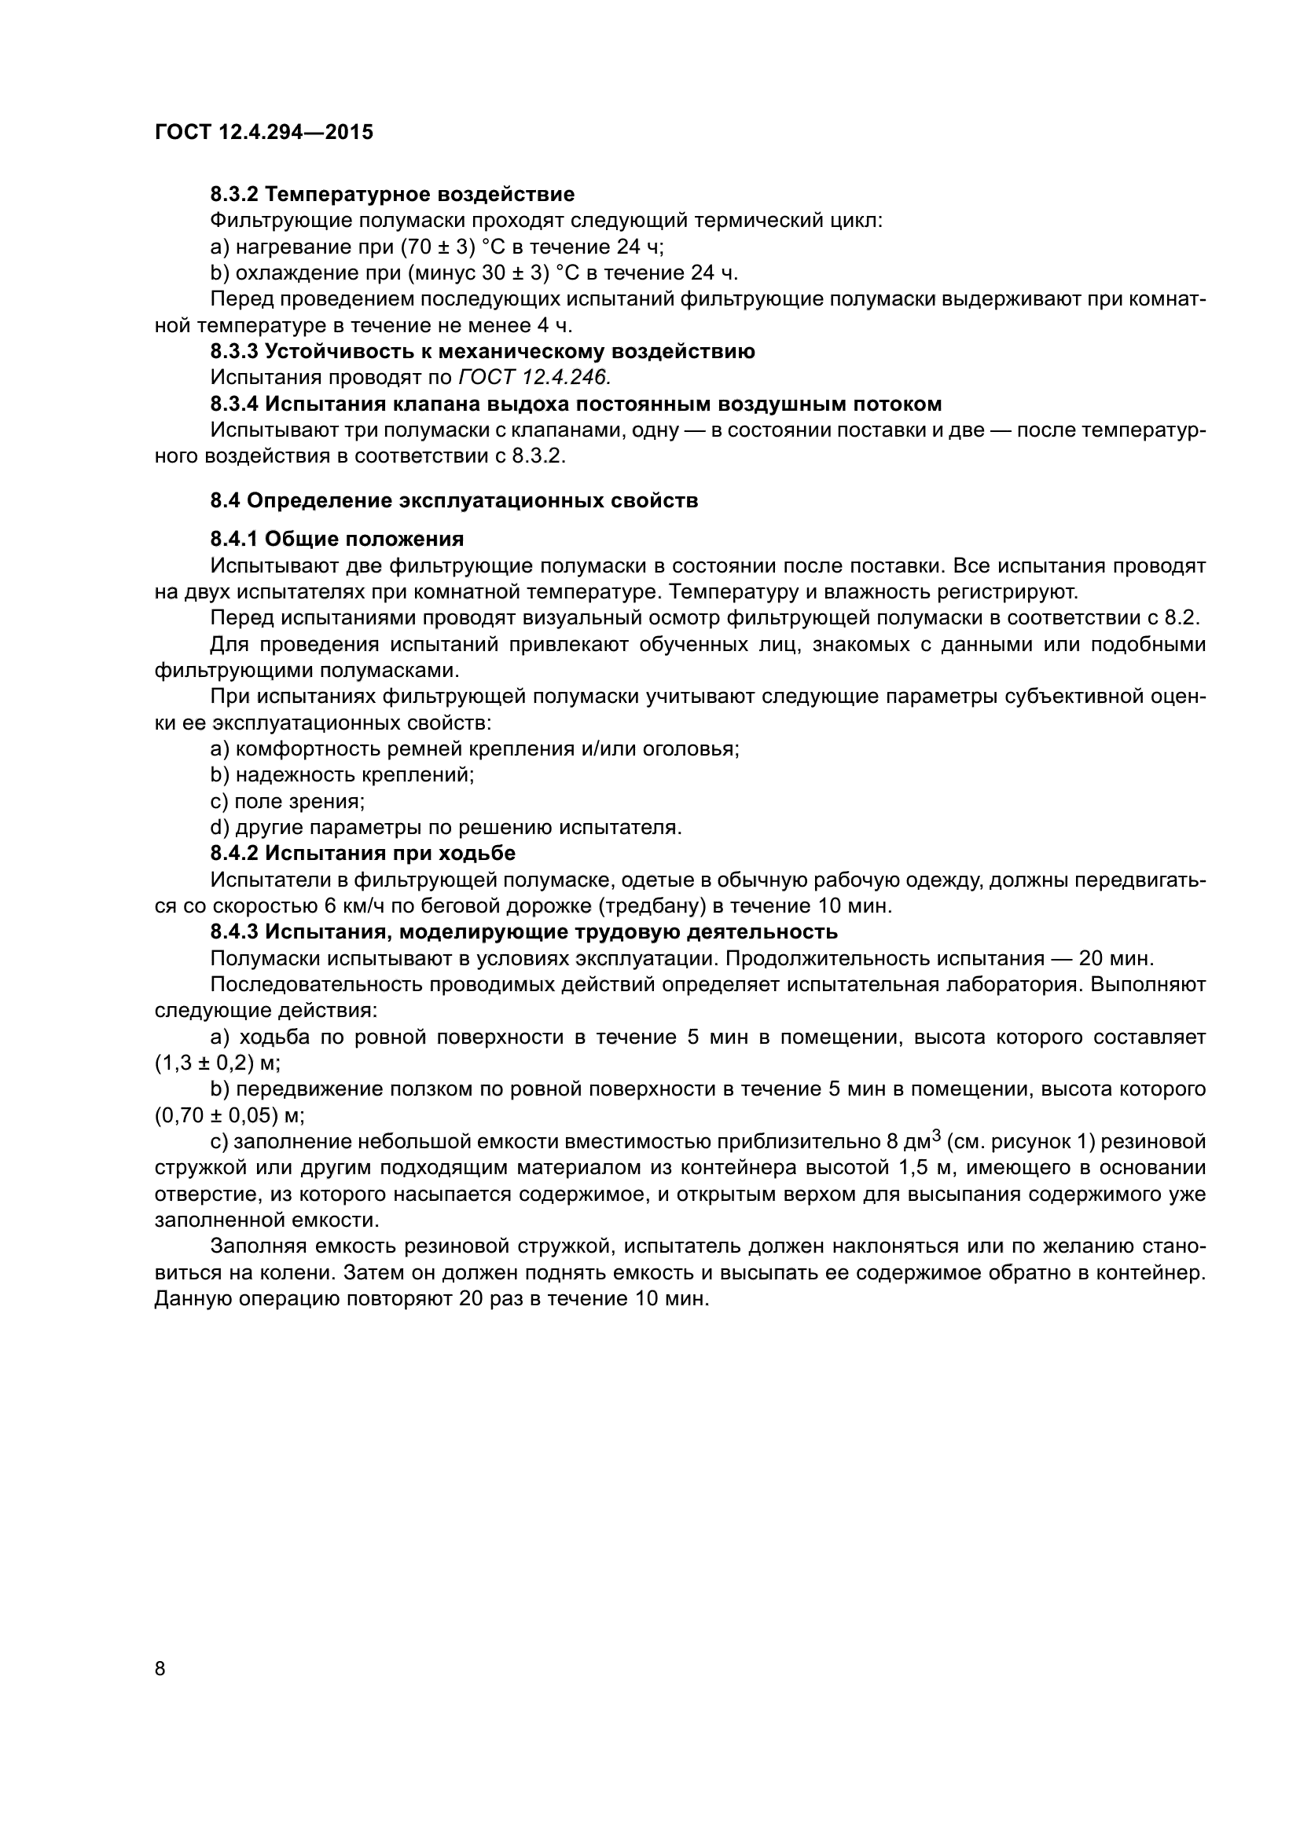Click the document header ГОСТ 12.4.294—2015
263,132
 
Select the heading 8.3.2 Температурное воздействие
392,195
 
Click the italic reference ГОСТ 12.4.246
534,378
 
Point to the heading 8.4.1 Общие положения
337,540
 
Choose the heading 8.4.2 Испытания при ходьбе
362,854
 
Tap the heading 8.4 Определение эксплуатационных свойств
454,501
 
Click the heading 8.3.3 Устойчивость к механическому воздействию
483,351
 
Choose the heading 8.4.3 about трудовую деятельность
523,932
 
